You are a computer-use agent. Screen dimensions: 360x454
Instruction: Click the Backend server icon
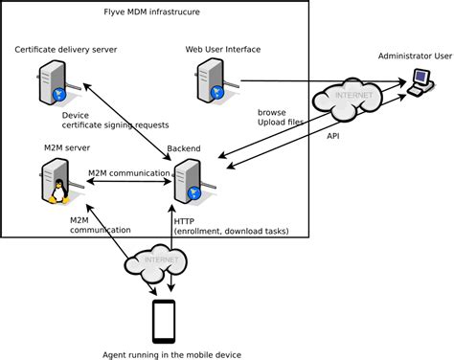point(188,180)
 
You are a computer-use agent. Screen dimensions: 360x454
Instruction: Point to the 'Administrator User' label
point(415,56)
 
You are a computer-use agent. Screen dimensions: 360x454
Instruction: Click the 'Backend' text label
point(184,149)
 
